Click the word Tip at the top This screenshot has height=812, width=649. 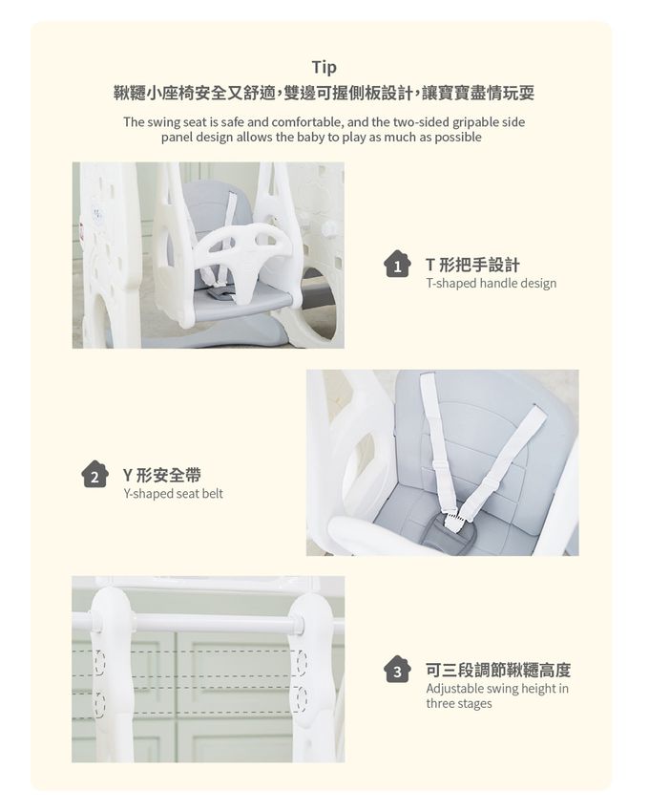coord(324,67)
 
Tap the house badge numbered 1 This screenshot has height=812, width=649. coord(397,265)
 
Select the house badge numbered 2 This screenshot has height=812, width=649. coord(94,475)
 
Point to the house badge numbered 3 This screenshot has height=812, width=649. coord(397,670)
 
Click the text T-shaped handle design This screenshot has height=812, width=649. coord(492,284)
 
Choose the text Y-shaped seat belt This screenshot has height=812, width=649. coord(173,494)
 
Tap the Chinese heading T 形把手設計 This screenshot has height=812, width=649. coord(472,266)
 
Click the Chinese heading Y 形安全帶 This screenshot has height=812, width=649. coord(162,475)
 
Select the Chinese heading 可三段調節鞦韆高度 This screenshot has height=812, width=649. coord(498,670)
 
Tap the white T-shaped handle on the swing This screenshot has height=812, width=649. coord(242,251)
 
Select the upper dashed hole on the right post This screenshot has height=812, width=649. coord(302,662)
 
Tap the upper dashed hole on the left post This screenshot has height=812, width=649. coord(99,662)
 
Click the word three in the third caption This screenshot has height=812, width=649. coord(441,704)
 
